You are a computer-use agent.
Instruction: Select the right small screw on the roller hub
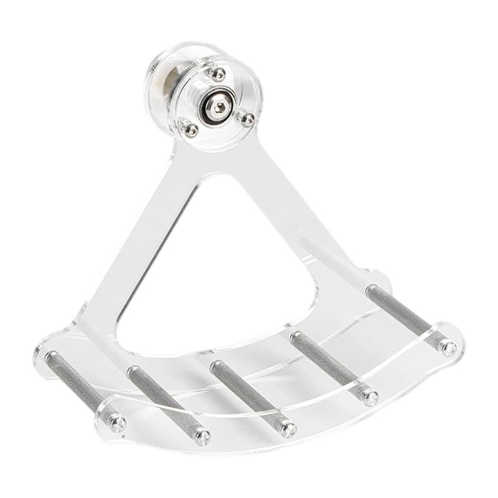click(247, 118)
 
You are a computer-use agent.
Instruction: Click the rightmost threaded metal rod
click(405, 314)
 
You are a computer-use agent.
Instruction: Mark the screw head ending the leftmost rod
click(117, 424)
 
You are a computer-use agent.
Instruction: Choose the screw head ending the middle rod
click(287, 429)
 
